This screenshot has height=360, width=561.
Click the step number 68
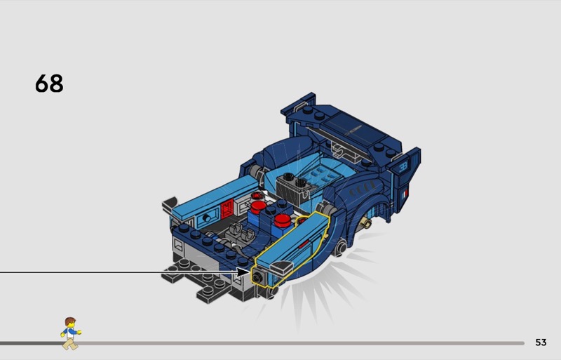click(49, 84)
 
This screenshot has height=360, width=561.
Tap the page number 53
click(541, 342)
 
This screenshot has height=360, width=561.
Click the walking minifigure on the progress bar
click(71, 333)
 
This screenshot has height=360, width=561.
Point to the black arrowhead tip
click(250, 272)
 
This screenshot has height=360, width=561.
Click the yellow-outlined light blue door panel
click(292, 246)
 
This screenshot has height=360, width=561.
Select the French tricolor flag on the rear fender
click(405, 194)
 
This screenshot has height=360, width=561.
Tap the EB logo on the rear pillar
click(403, 166)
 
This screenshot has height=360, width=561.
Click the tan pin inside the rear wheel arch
click(365, 224)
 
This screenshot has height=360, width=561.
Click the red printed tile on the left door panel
click(227, 208)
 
